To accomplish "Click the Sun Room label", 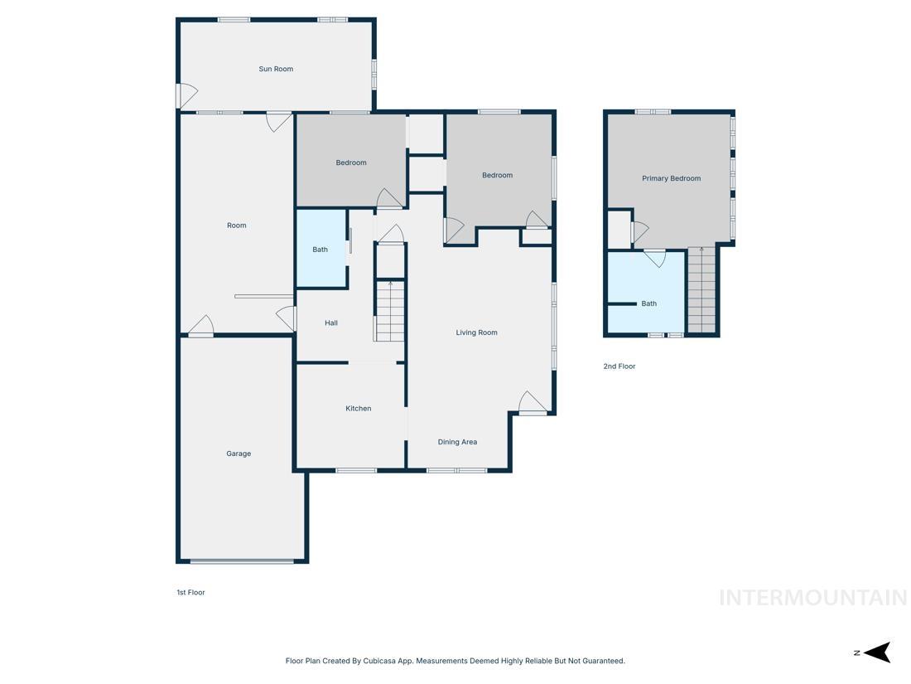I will pyautogui.click(x=276, y=69).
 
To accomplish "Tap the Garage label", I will pyautogui.click(x=239, y=454).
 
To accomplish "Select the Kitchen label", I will pyautogui.click(x=358, y=408).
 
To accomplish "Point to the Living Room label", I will pyautogui.click(x=476, y=332).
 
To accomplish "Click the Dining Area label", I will pyautogui.click(x=457, y=442).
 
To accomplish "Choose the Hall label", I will pyautogui.click(x=330, y=323).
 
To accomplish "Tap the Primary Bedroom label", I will pyautogui.click(x=671, y=178).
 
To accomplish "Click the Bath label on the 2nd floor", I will pyautogui.click(x=648, y=303).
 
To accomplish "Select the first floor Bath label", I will pyautogui.click(x=320, y=249).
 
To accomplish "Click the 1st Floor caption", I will pyautogui.click(x=190, y=592).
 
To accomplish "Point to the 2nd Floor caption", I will pyautogui.click(x=619, y=366).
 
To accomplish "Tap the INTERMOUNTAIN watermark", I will pyautogui.click(x=812, y=597).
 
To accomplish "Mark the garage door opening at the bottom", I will pyautogui.click(x=242, y=561).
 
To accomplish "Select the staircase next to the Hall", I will pyautogui.click(x=389, y=311).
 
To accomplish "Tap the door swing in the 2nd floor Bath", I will pyautogui.click(x=654, y=257).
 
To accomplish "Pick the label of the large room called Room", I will pyautogui.click(x=237, y=225).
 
